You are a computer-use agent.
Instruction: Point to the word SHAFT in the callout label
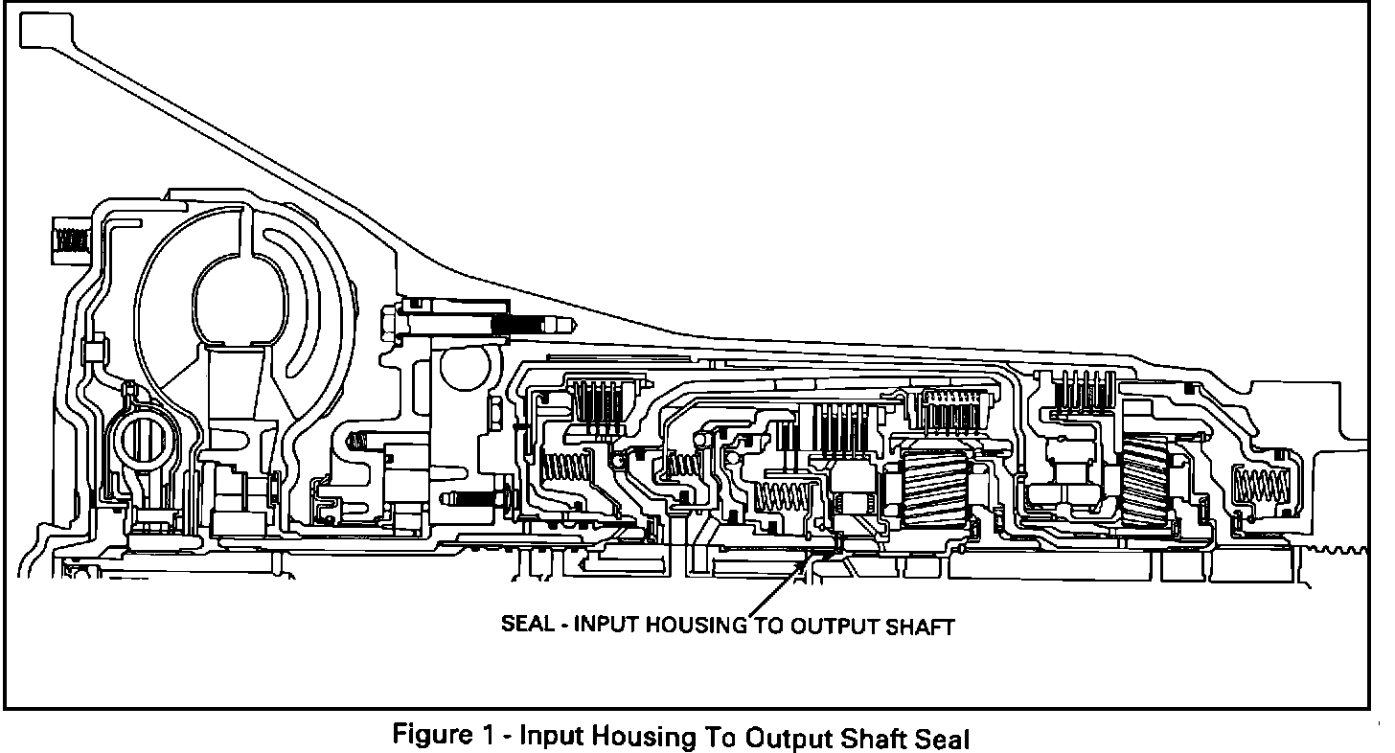(x=921, y=627)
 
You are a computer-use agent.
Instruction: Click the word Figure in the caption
(x=427, y=738)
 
